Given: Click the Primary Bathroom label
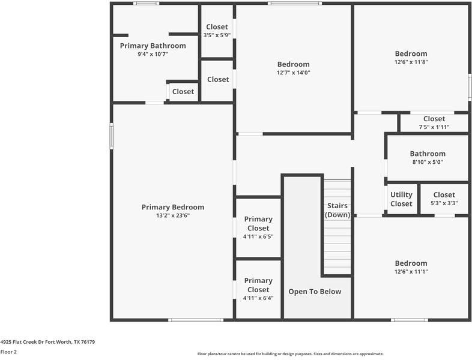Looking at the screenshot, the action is (153, 46).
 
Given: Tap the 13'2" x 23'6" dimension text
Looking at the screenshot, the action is (173, 215).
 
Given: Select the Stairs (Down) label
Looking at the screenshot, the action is (337, 210).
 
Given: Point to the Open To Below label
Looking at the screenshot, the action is (315, 292).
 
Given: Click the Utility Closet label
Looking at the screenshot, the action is (401, 199).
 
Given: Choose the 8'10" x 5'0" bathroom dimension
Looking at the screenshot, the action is (428, 162).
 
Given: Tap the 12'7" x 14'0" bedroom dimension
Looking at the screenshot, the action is (294, 73).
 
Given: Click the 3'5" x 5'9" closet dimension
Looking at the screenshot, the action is (217, 35).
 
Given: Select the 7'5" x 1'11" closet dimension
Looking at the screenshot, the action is (434, 127).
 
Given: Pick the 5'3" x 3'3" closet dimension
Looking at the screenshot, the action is (444, 203).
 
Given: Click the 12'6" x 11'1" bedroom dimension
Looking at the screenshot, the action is (411, 272).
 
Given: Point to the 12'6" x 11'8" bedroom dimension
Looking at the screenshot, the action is (411, 62).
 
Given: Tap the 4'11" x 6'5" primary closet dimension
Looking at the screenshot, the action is (258, 236).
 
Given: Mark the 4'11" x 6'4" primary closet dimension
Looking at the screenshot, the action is (258, 298).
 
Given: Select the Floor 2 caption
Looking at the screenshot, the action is (8, 352).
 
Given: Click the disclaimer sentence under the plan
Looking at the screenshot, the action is (291, 354).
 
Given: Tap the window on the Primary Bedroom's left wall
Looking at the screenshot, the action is (111, 136).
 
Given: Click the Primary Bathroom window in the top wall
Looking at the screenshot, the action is (147, 4).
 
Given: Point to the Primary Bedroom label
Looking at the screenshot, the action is (173, 207).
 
